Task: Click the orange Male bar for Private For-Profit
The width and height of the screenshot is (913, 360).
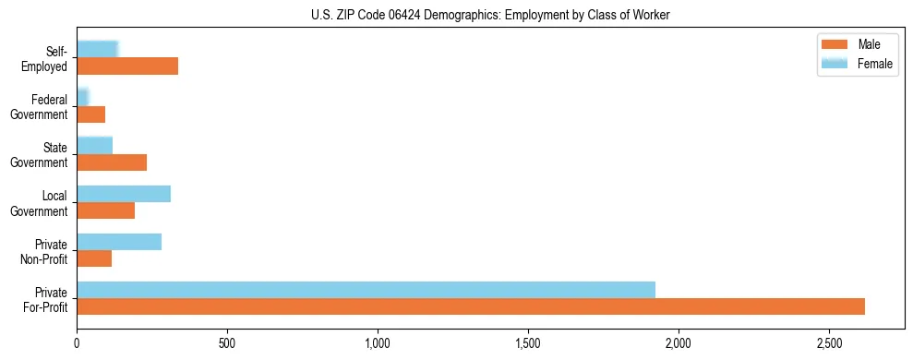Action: (x=471, y=306)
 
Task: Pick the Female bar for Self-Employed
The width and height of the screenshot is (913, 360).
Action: (x=98, y=50)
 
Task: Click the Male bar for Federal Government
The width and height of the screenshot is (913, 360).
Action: (x=90, y=114)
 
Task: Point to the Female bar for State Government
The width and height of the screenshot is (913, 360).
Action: (x=94, y=146)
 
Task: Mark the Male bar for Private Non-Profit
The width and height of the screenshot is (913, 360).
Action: (x=94, y=258)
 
